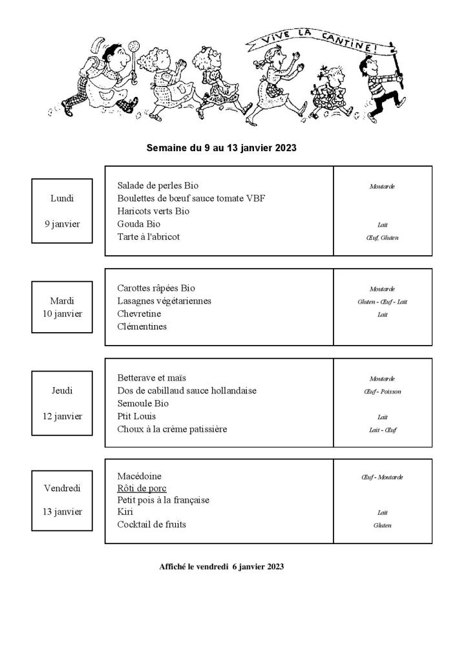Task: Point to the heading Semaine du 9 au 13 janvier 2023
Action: click(x=221, y=148)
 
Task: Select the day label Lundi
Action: click(x=62, y=198)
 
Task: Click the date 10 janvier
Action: click(x=62, y=313)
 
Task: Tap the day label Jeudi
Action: click(x=62, y=390)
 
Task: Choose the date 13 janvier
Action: click(x=62, y=512)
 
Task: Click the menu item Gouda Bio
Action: click(x=138, y=224)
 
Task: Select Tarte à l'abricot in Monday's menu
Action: click(x=148, y=237)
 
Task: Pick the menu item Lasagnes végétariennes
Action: click(x=164, y=301)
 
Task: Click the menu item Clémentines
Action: click(x=142, y=326)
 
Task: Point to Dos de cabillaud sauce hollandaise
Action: click(x=187, y=390)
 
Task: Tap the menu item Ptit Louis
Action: click(x=136, y=416)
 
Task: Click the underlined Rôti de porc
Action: click(x=142, y=488)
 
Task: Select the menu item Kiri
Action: click(x=125, y=512)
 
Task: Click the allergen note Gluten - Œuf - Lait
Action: click(x=382, y=302)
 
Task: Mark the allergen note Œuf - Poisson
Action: click(x=382, y=392)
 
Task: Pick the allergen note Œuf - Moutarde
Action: click(x=382, y=477)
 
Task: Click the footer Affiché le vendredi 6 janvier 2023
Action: click(x=221, y=567)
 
